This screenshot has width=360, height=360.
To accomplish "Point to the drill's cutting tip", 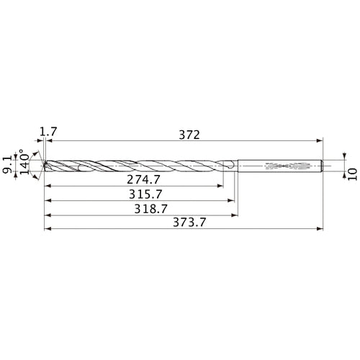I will point(45,167).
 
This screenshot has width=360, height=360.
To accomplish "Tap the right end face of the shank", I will point(321,167).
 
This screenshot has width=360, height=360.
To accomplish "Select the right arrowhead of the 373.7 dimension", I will point(318,230).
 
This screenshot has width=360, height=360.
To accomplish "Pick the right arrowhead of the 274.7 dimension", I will point(220,185).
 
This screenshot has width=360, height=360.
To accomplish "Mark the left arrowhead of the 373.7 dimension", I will point(48,230).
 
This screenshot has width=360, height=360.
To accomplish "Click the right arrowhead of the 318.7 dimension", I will point(235,215).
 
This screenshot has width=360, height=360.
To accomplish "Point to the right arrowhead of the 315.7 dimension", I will point(233,199).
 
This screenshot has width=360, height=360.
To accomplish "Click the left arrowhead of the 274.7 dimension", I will point(48,185).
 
